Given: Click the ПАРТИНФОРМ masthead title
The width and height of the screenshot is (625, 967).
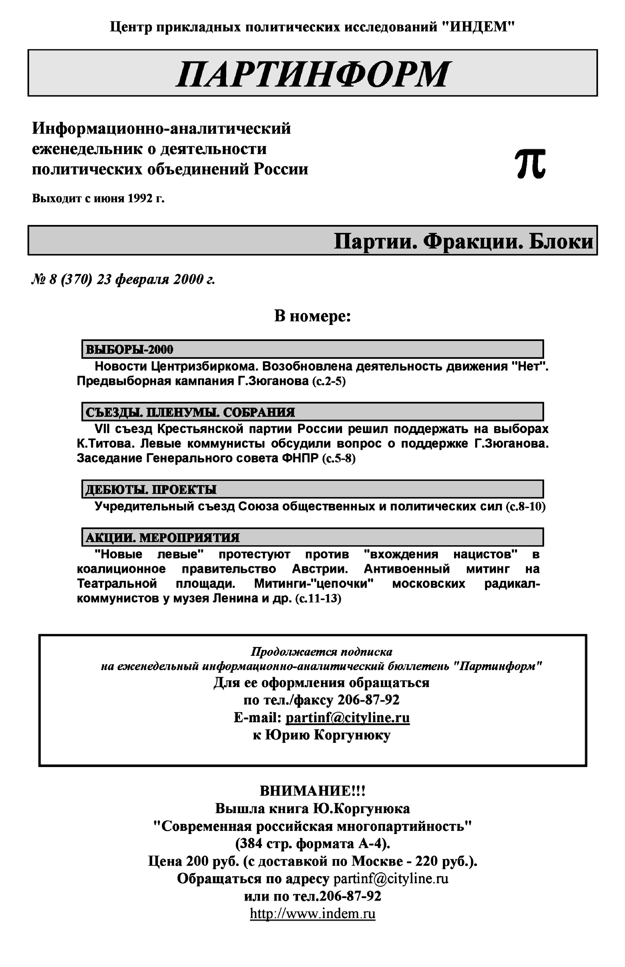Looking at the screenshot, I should [x=312, y=74].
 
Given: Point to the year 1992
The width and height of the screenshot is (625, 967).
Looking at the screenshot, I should [x=140, y=199].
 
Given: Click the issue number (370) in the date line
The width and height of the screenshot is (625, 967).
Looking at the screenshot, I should [x=76, y=280].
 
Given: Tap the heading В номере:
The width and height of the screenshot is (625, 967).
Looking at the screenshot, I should [x=312, y=316].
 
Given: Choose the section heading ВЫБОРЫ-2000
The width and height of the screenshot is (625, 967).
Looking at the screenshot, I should [x=129, y=350].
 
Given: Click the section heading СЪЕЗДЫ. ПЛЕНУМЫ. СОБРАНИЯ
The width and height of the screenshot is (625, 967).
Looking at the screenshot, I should [x=190, y=412].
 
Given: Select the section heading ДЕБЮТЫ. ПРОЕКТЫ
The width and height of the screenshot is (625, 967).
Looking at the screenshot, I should [x=151, y=489].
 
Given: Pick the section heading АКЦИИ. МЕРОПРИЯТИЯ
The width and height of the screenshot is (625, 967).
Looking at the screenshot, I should [x=162, y=538].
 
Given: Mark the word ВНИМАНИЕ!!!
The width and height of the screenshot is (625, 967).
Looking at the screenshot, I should [x=312, y=791].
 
